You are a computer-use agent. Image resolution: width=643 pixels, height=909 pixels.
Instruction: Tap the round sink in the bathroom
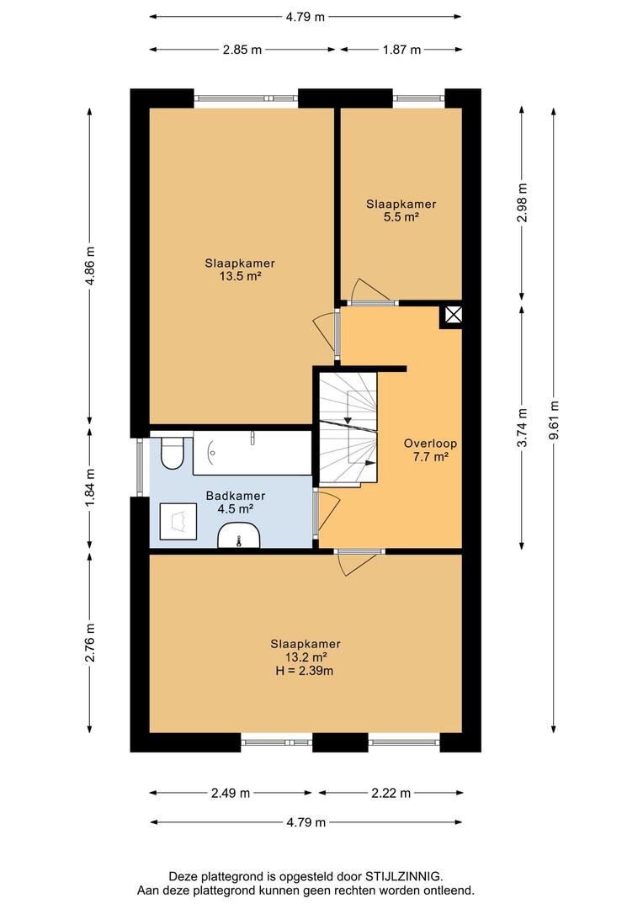tap(239, 535)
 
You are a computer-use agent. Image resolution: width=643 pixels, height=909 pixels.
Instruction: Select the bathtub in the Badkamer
tap(252, 453)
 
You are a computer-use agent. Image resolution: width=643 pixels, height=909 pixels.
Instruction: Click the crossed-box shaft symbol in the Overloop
tap(454, 316)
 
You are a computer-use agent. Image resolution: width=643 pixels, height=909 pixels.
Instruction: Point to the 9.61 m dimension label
tap(554, 420)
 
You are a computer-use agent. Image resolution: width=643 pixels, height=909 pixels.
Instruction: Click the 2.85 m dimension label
tap(242, 50)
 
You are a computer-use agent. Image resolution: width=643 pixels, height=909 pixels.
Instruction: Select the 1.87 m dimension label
tap(401, 50)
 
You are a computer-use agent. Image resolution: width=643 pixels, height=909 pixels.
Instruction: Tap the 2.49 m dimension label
tap(230, 793)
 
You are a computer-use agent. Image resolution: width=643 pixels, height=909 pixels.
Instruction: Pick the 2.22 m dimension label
tap(391, 793)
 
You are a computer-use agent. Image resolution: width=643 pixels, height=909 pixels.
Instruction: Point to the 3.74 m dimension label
tap(523, 428)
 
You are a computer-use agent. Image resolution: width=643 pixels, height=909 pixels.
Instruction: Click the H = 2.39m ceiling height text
tap(305, 672)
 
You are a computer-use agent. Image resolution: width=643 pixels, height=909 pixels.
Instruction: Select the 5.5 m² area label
tap(401, 217)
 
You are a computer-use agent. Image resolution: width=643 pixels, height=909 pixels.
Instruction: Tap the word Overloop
tap(430, 444)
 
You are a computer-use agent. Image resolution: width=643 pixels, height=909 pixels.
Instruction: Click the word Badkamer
tap(236, 497)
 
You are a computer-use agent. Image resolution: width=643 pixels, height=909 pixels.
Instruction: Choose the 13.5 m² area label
tap(240, 277)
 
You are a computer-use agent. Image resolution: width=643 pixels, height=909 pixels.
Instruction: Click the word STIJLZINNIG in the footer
tap(403, 876)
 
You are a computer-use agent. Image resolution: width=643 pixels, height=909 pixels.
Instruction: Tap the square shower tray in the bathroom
tap(178, 522)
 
